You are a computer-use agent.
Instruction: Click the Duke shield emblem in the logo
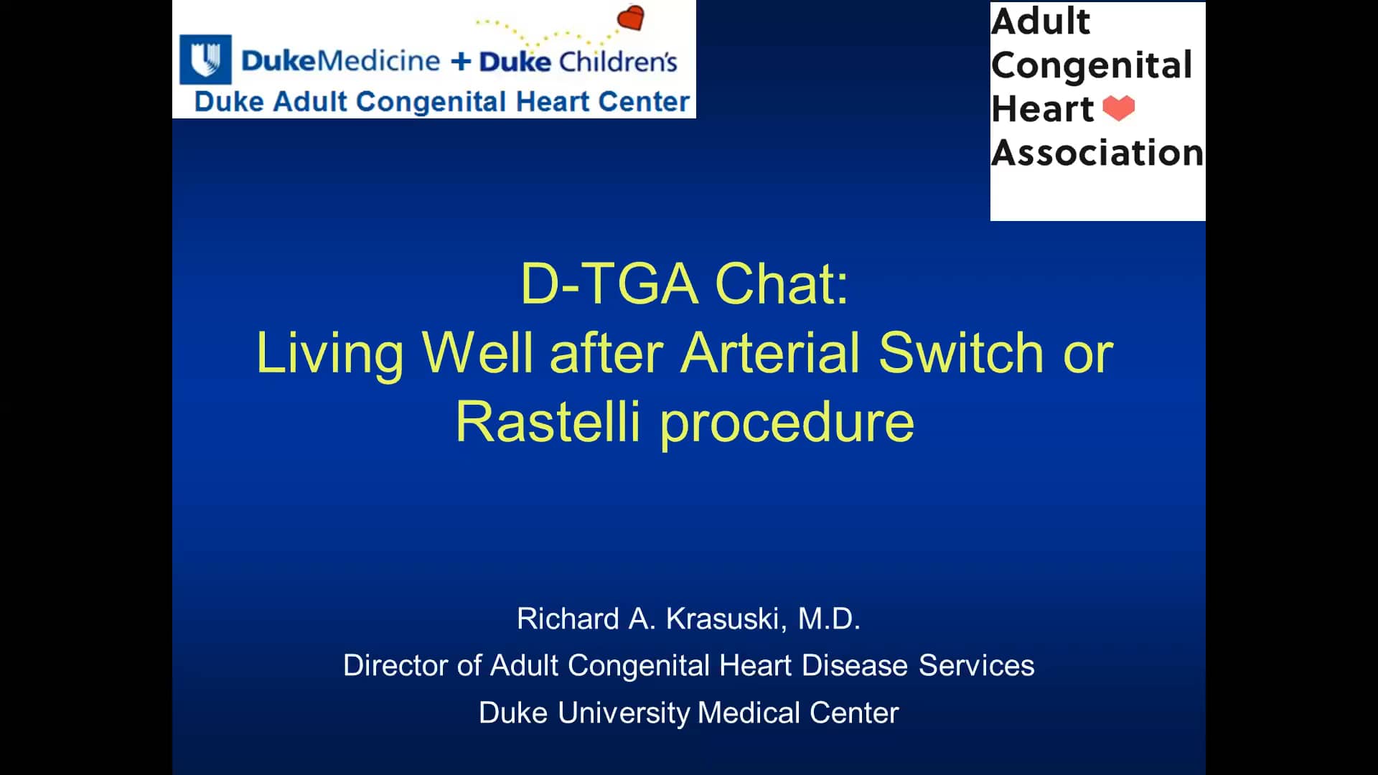pos(206,59)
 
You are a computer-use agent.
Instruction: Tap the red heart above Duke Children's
pos(631,19)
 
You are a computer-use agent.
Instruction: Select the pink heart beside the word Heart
pos(1118,108)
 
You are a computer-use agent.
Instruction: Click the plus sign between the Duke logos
pos(460,61)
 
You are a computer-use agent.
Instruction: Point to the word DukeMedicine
pos(340,61)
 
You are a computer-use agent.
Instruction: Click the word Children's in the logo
pos(618,62)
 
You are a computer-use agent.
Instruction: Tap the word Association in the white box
pos(1097,153)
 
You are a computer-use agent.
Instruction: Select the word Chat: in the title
pos(782,284)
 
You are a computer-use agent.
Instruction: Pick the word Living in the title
pos(330,353)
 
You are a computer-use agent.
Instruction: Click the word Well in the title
pos(477,353)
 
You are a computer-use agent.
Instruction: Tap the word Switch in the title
pos(961,353)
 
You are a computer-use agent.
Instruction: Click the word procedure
pos(787,423)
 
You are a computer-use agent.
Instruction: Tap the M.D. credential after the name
pos(829,619)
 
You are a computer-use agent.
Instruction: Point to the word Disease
pos(854,665)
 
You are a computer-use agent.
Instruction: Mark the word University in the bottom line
pos(623,713)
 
